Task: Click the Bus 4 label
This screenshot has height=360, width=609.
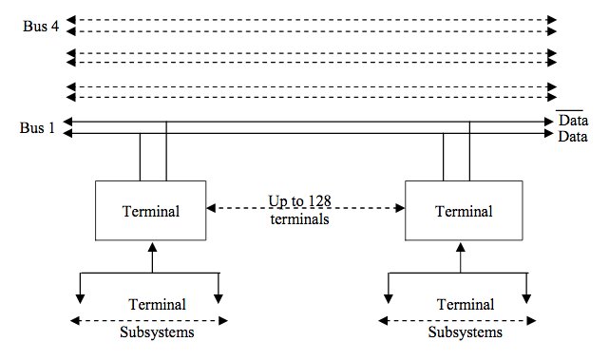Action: click(41, 27)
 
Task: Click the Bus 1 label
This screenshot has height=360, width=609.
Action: click(37, 128)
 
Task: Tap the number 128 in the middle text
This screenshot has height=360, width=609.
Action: click(319, 201)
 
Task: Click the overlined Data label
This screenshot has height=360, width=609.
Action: click(573, 120)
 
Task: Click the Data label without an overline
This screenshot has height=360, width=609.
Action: click(573, 137)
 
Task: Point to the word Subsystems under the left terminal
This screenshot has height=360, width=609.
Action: click(157, 332)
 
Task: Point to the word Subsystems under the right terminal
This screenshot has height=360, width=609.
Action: click(466, 332)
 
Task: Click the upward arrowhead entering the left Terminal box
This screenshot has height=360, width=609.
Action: click(153, 247)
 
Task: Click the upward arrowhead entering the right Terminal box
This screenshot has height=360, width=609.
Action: click(461, 247)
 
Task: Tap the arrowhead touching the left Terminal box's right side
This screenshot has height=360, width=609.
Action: click(211, 208)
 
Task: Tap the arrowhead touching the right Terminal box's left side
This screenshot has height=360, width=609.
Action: click(400, 208)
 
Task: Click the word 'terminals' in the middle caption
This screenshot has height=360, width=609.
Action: click(299, 219)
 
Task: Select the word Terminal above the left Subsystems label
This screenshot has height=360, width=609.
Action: click(158, 305)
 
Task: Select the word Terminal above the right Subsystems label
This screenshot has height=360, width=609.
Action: click(466, 305)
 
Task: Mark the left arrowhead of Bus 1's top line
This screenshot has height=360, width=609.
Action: click(67, 122)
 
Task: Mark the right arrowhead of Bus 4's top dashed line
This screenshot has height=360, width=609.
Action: click(552, 20)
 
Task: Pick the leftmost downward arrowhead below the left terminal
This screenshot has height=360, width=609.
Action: click(80, 298)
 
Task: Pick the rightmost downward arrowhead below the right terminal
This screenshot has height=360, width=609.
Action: click(526, 298)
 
